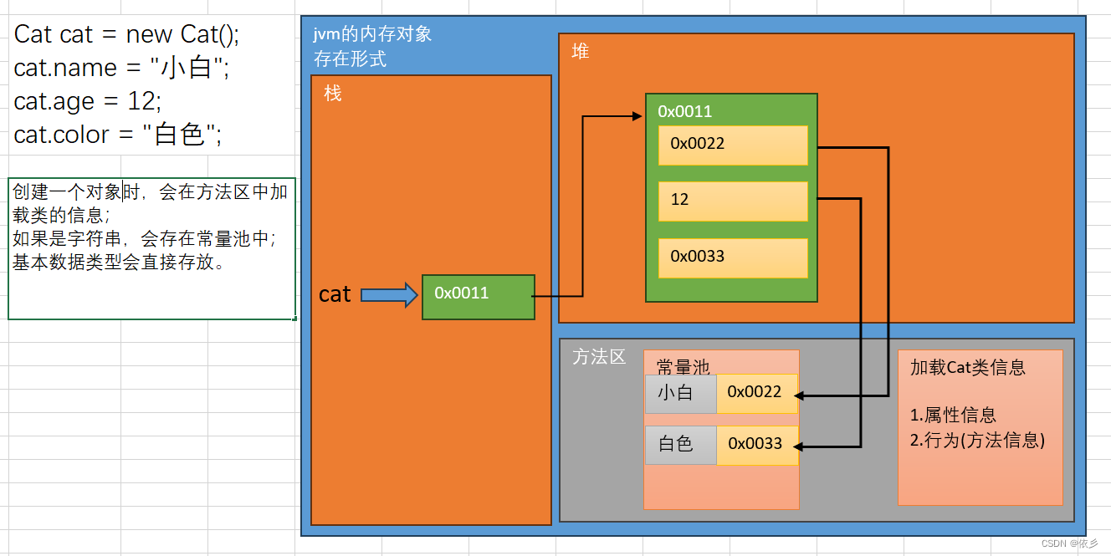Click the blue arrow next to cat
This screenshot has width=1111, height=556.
point(389,294)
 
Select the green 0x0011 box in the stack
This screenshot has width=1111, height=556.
point(478,296)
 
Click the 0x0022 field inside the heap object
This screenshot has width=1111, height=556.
point(733,145)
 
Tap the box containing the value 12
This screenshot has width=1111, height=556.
point(733,201)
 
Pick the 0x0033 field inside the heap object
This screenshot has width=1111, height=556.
point(733,258)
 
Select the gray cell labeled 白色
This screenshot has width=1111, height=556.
point(680,445)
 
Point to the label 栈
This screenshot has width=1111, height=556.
point(333,94)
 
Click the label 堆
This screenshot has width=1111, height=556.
point(581,52)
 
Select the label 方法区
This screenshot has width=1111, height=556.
point(599,357)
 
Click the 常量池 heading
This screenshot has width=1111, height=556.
point(683,367)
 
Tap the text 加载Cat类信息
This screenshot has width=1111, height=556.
point(968,367)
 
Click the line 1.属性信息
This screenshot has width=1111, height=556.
point(954,416)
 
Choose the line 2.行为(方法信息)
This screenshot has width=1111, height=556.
point(977,441)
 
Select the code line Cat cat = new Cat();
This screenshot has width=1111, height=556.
point(126,34)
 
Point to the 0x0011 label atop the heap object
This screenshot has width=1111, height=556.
point(684,111)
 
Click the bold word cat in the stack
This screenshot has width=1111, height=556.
point(335,294)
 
